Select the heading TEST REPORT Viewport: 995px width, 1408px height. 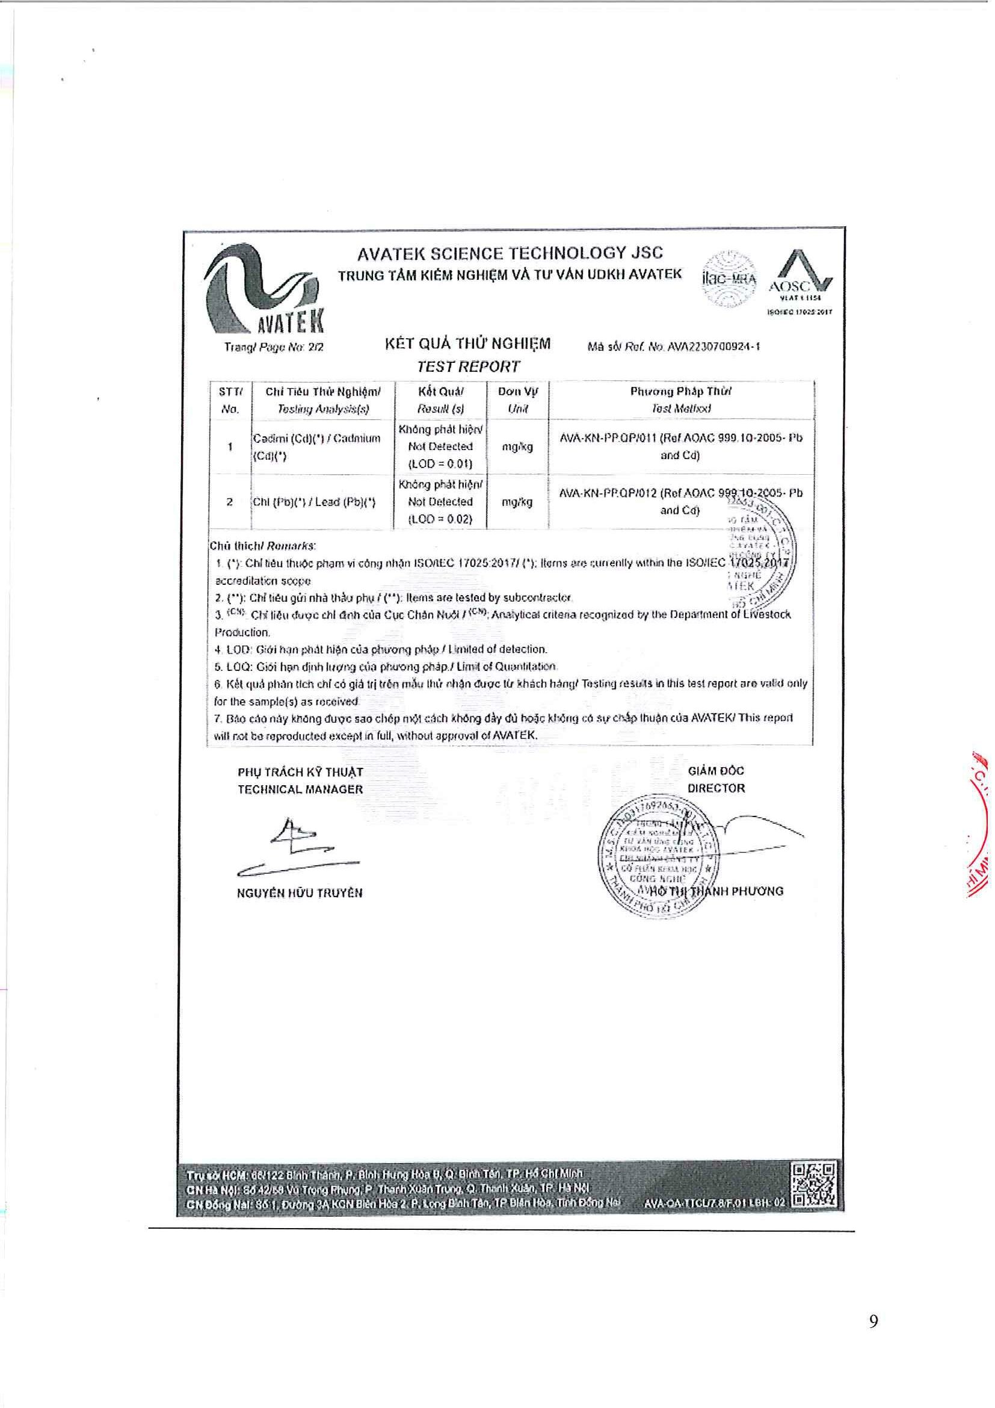click(x=469, y=366)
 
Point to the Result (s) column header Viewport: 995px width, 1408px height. click(x=441, y=409)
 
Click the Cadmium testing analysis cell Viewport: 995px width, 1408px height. click(x=316, y=447)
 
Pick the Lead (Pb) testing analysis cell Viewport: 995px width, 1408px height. click(x=315, y=502)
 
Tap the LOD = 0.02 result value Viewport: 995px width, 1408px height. click(x=440, y=519)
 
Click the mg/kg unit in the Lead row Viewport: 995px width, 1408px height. click(x=517, y=502)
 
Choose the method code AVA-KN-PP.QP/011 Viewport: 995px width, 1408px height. click(x=608, y=439)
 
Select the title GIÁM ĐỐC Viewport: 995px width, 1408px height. click(x=715, y=771)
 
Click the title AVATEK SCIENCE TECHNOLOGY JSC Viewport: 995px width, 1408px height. click(x=510, y=253)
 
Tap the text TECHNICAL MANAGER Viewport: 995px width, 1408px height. click(x=300, y=789)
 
